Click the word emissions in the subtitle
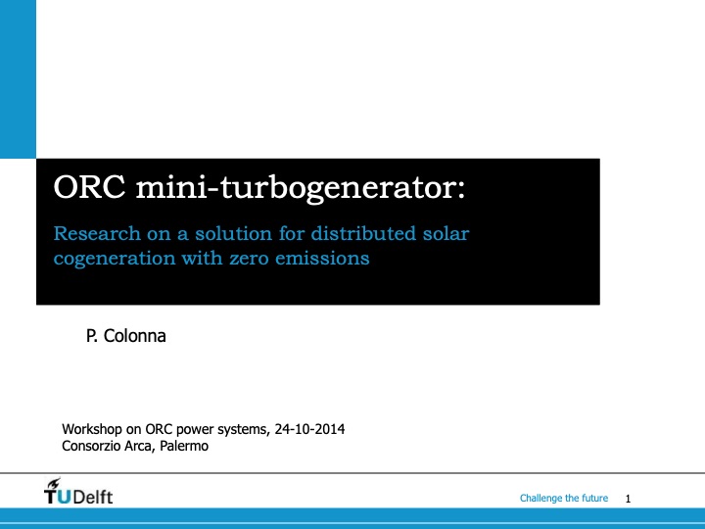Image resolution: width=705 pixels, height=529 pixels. click(x=328, y=260)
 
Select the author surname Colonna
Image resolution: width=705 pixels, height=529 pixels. click(x=136, y=337)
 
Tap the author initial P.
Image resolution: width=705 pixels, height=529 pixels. click(x=93, y=337)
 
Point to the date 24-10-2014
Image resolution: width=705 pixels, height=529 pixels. click(x=310, y=430)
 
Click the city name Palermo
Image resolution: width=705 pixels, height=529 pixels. click(x=186, y=447)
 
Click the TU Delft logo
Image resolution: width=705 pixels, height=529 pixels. click(x=78, y=495)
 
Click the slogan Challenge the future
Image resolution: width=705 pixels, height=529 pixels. click(x=564, y=499)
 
